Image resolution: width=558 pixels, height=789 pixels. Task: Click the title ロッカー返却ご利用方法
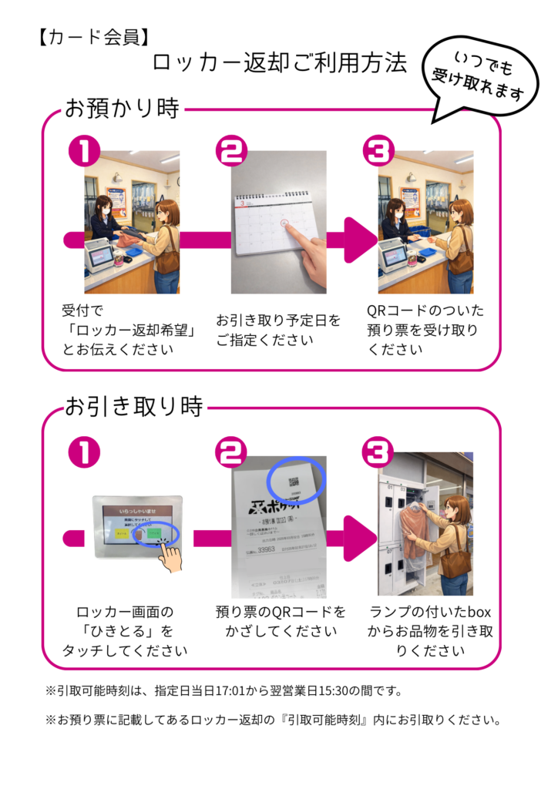tap(279, 64)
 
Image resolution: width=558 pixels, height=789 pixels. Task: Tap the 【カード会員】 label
tap(92, 37)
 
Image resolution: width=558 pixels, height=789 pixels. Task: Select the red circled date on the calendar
tap(286, 224)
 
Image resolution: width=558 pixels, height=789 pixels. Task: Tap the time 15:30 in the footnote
tap(362, 690)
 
